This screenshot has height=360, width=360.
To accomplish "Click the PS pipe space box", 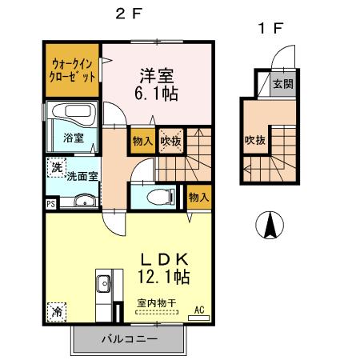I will [x=51, y=204].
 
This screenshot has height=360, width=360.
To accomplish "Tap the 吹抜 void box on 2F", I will [x=170, y=141].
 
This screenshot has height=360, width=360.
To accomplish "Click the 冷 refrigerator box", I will [x=57, y=310].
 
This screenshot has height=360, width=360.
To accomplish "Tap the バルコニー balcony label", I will [x=129, y=339].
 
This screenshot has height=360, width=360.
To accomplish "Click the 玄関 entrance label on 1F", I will [x=282, y=83].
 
